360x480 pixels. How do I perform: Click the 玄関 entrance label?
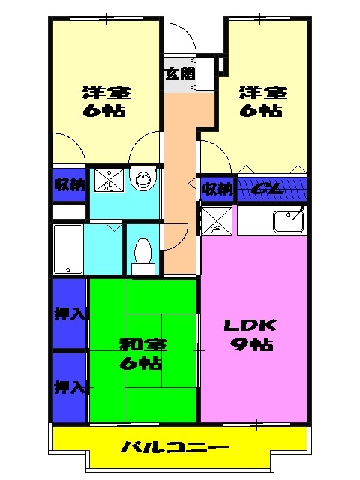pyautogui.click(x=180, y=73)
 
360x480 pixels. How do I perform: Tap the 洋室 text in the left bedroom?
pyautogui.click(x=106, y=93)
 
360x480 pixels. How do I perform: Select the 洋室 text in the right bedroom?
pyautogui.click(x=263, y=93)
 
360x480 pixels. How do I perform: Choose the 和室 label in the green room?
pyautogui.click(x=142, y=345)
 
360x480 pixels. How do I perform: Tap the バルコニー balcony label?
pyautogui.click(x=175, y=448)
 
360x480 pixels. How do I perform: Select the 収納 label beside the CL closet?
pyautogui.click(x=217, y=189)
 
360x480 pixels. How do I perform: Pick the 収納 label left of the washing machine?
pyautogui.click(x=68, y=184)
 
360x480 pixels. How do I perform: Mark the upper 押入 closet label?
pyautogui.click(x=68, y=313)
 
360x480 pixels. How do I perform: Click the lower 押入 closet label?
pyautogui.click(x=68, y=387)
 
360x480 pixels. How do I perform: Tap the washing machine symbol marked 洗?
pyautogui.click(x=106, y=183)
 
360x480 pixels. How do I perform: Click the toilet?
pyautogui.click(x=142, y=253)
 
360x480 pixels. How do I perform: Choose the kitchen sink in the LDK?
pyautogui.click(x=289, y=220)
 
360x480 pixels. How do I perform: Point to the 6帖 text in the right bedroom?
pyautogui.click(x=263, y=111)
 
